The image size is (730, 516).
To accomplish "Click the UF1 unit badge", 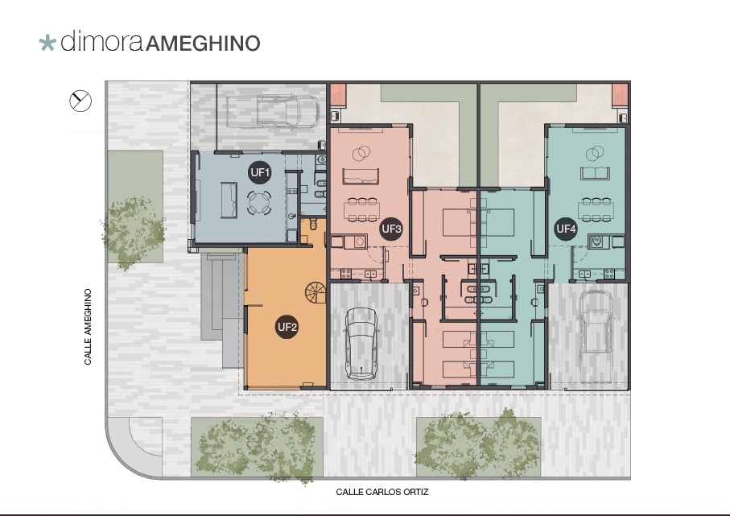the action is (260, 172).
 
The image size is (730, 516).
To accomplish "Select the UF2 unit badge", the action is (287, 327).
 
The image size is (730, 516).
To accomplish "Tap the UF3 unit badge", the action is (391, 229).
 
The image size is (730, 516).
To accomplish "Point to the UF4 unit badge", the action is (567, 229).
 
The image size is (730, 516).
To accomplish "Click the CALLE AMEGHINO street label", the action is (88, 327).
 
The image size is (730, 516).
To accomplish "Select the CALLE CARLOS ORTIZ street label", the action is (382, 492).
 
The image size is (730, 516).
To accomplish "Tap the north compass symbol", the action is (80, 101).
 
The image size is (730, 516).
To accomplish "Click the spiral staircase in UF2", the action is (316, 292).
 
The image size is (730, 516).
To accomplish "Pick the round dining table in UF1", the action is (259, 203).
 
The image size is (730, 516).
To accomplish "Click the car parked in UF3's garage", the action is (361, 343).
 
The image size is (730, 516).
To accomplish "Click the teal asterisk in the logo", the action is (47, 43).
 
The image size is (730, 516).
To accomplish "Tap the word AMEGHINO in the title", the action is (203, 43).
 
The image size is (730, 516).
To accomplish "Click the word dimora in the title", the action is (101, 41).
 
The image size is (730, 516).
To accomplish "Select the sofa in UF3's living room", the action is (361, 176).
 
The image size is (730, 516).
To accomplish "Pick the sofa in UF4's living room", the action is (595, 173).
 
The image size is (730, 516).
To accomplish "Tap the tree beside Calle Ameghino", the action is (133, 232).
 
